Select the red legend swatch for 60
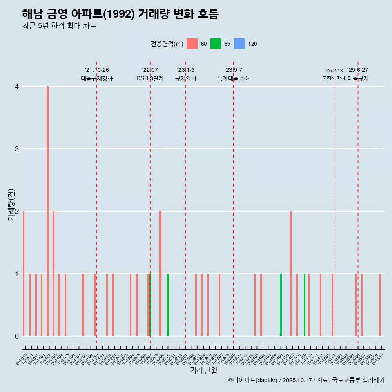pos(192,44)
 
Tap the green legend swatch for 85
pos(216,44)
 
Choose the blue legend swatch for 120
pos(239,44)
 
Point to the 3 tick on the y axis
pos(16,149)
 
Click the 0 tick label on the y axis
pos(16,336)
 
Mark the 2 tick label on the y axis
pos(16,212)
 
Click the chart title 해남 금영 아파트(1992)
pos(120,14)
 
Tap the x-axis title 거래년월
pos(203,370)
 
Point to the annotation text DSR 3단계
pos(150,78)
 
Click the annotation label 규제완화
pos(186,78)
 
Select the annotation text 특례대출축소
pos(233,78)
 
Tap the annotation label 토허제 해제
pos(334,78)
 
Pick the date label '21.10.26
pos(97,70)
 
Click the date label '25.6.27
pos(358,70)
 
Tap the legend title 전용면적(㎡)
pos(167,44)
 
